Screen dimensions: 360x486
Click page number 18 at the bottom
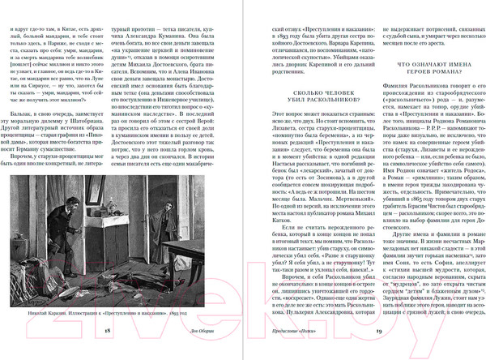pyautogui.click(x=108, y=332)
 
